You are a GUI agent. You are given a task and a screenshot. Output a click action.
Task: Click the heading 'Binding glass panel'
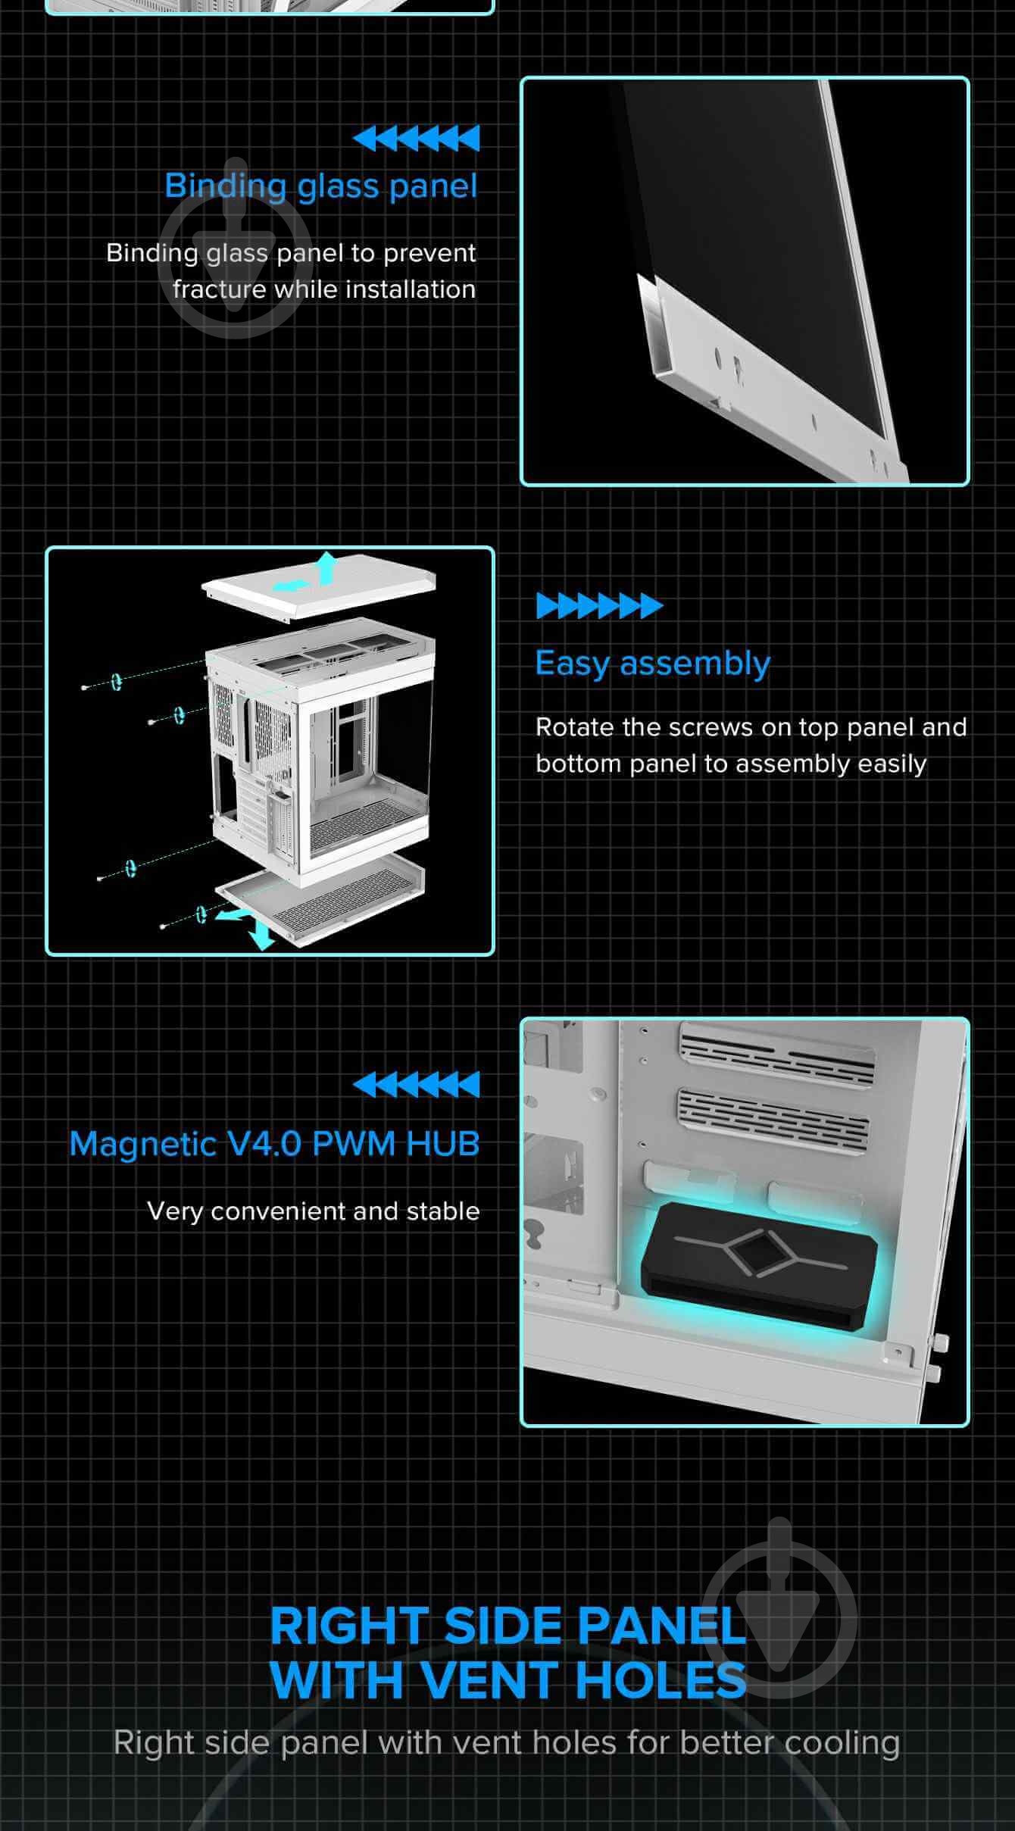coord(321,186)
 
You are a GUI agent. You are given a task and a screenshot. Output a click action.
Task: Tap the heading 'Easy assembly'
coord(652,664)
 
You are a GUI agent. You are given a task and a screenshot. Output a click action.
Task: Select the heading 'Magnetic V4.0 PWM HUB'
coord(274,1144)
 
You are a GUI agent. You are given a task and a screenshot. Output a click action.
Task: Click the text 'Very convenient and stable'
coord(314,1211)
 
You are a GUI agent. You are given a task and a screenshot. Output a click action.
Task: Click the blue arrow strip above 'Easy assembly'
coord(599,606)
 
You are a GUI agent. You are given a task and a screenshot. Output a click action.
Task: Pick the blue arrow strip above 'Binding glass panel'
coord(416,139)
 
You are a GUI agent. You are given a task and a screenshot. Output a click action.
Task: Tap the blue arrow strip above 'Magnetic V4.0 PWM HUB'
coord(416,1084)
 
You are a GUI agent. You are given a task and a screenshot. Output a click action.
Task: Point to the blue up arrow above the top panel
coord(326,567)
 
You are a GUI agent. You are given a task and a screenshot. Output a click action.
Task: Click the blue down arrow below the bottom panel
coord(262,936)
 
